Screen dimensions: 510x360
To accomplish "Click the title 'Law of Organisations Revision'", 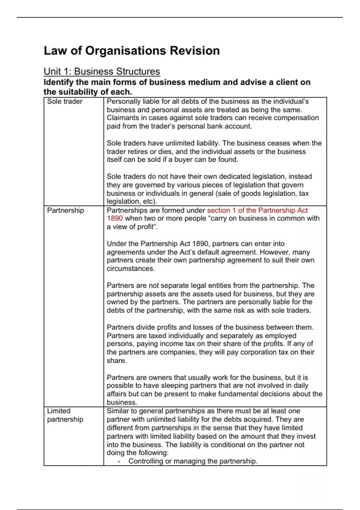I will pos(131,51).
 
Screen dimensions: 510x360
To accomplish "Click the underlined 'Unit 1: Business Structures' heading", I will pos(102,71).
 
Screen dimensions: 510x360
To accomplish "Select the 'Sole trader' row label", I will pos(64,101).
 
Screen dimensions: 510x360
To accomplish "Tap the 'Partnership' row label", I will pos(65,210).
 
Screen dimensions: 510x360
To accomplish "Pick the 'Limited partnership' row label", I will pos(65,415).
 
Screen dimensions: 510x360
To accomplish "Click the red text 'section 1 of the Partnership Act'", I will pos(257,210).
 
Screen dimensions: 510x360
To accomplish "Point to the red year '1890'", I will pos(115,218).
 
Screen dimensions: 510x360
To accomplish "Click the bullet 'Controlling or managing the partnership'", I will pos(193,461).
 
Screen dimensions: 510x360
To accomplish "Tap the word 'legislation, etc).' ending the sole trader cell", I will pos(132,201).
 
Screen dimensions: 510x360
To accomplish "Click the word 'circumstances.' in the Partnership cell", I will pos(131,268).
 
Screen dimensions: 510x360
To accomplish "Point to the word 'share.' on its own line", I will pos(116,361).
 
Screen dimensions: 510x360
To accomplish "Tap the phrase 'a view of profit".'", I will pos(132,227).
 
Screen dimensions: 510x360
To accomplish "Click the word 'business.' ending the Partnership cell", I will pos(122,402).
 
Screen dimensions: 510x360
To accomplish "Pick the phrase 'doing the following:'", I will pos(137,453).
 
